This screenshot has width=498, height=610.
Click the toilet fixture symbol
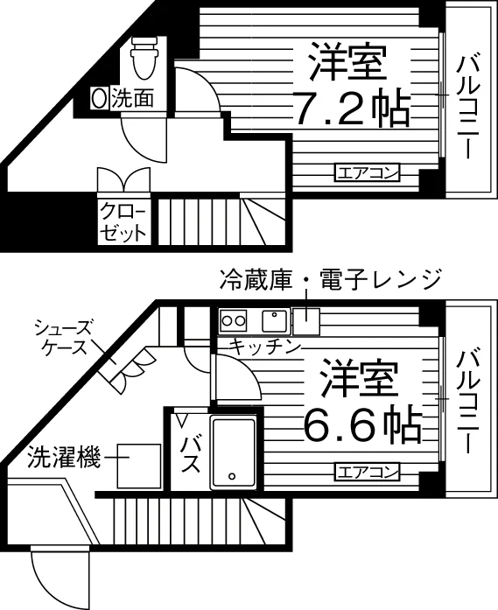pos(144,59)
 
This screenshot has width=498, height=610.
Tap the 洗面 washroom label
pos(133,98)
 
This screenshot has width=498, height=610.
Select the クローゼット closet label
pos(123,222)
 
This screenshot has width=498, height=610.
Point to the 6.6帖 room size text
pos(362,425)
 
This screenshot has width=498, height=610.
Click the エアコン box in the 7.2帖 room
pos(368,172)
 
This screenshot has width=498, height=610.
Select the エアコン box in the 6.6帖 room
pos(368,472)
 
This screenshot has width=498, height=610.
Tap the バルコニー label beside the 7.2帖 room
pos(468,108)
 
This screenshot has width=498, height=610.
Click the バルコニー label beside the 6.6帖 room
pos(468,403)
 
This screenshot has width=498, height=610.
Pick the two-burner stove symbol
pos(233,321)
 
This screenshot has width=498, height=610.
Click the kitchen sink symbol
pos(275,321)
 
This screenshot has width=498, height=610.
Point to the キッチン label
pos(265,347)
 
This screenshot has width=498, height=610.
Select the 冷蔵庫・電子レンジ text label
pos(330,279)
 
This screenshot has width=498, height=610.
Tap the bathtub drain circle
pos(232,475)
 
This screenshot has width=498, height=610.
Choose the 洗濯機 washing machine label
pos(64,457)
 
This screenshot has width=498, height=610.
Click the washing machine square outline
pos(139,466)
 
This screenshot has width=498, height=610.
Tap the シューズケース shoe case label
pos(62,337)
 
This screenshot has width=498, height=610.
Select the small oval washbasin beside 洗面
pos(100,98)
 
